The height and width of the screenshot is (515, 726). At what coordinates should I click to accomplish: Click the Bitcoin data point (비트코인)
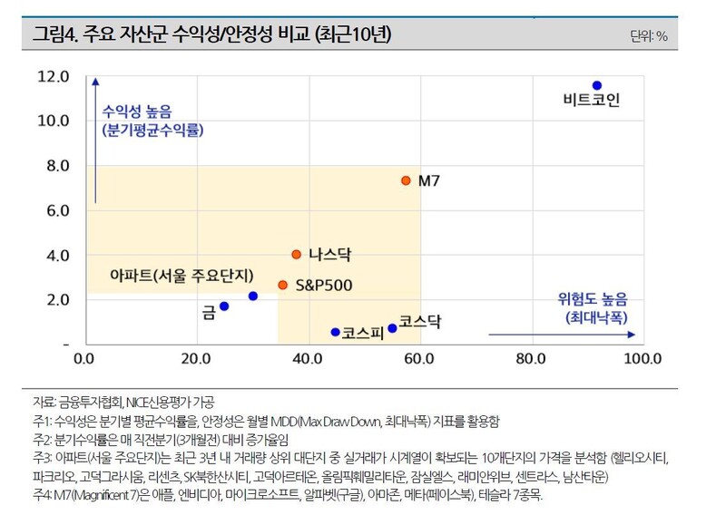click(597, 85)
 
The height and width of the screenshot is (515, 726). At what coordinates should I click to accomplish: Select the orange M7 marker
click(406, 180)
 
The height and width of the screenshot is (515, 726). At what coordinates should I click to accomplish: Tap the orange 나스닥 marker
click(296, 255)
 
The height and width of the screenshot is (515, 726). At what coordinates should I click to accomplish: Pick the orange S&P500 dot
click(282, 285)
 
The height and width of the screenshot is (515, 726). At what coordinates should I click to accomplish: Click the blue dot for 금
click(224, 306)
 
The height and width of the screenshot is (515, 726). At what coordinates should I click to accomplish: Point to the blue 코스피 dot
click(335, 332)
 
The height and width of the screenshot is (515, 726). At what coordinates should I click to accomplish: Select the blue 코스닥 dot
click(392, 328)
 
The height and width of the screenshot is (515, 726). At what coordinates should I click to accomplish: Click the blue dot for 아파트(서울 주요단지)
click(253, 296)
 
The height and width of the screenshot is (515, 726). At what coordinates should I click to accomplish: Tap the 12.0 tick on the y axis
click(54, 77)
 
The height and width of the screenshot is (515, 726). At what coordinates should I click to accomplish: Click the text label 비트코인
click(591, 101)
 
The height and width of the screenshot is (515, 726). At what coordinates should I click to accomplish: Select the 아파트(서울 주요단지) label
click(181, 276)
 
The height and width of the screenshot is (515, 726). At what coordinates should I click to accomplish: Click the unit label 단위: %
click(648, 37)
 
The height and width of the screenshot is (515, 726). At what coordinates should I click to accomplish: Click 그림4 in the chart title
click(54, 35)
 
